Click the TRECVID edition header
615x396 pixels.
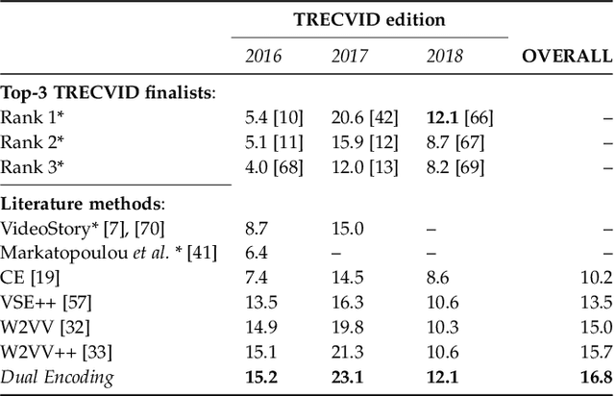368,18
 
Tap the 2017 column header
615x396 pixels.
349,56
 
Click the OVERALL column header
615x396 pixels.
566,56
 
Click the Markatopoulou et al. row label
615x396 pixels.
109,253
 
